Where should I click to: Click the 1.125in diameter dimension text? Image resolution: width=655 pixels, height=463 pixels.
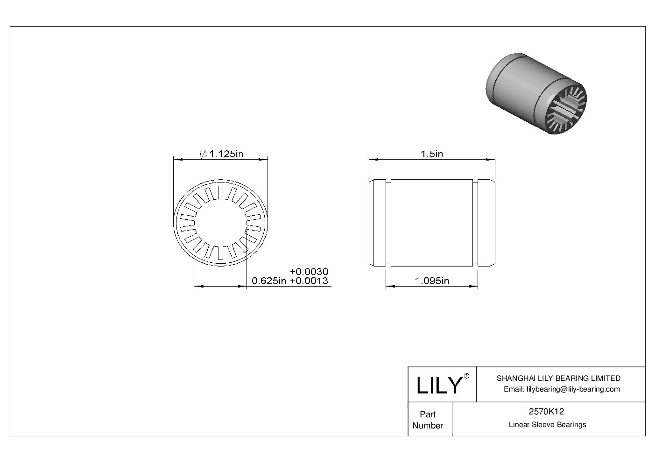(x=226, y=154)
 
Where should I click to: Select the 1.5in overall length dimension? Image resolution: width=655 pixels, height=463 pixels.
(x=432, y=154)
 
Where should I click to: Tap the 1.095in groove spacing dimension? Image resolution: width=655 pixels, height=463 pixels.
(x=432, y=281)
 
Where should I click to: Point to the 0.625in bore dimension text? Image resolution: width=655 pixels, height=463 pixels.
(x=269, y=281)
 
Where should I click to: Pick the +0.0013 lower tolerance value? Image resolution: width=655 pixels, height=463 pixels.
(x=309, y=281)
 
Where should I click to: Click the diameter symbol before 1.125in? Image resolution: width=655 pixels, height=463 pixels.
(x=204, y=154)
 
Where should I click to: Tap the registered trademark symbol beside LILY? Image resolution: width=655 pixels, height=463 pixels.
(x=466, y=377)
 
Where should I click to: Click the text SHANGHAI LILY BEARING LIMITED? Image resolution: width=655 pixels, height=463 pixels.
(x=558, y=379)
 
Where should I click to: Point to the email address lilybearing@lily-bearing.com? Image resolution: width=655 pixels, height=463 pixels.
(x=562, y=389)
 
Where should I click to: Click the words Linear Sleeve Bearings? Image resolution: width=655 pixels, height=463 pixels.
(x=547, y=425)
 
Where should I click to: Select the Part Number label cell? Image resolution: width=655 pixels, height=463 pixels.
(x=428, y=420)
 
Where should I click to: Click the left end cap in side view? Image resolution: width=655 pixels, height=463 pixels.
(x=378, y=223)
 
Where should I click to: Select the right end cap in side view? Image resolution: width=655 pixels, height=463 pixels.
(x=486, y=223)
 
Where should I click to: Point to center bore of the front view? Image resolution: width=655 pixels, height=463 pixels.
(x=220, y=224)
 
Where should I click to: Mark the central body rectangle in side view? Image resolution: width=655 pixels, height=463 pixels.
(x=431, y=223)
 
